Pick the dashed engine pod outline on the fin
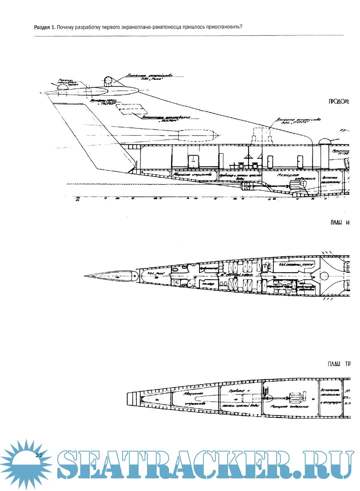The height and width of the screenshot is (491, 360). tap(197, 135)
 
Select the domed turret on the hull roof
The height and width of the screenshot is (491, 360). tap(324, 141)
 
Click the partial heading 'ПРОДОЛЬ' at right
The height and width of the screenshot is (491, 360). tap(339, 102)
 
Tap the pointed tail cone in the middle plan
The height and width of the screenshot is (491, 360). tap(110, 276)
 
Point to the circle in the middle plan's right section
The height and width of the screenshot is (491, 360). tap(325, 276)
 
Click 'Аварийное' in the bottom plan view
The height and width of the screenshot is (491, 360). tap(193, 393)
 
